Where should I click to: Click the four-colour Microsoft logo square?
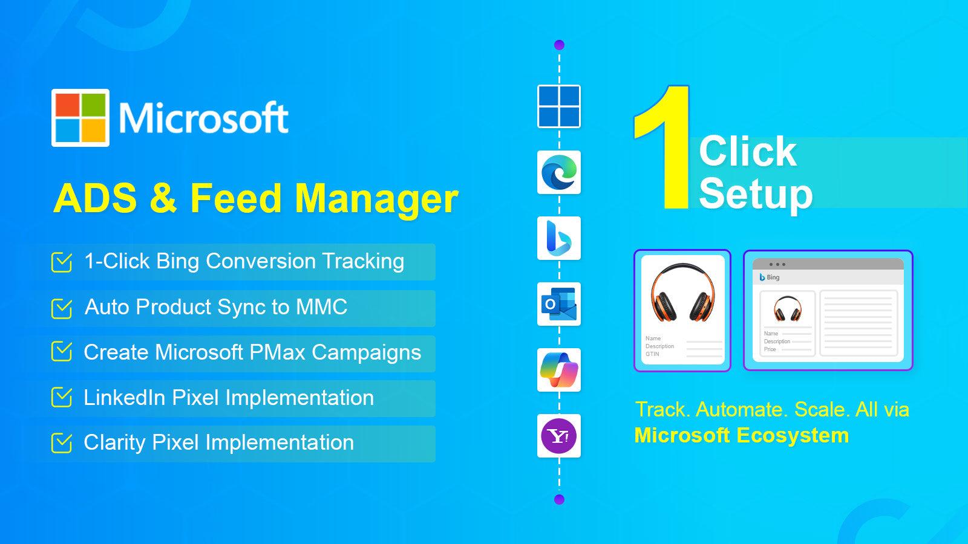pos(80,118)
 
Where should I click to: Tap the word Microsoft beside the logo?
pos(203,118)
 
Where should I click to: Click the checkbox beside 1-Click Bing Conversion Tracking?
pos(62,262)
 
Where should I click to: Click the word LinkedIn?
pos(125,398)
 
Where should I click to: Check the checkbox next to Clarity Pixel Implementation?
pos(62,443)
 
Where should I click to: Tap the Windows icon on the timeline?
pos(559,106)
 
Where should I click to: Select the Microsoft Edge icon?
pos(559,172)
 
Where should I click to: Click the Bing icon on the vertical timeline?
pos(559,238)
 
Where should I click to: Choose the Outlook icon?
pos(559,304)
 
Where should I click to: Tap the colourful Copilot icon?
pos(559,370)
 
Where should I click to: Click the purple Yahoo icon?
pos(559,436)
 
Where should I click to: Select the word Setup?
pos(756,193)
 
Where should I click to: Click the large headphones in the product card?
pos(682,293)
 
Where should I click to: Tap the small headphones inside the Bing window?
pos(787,309)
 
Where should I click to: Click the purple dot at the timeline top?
pos(559,45)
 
